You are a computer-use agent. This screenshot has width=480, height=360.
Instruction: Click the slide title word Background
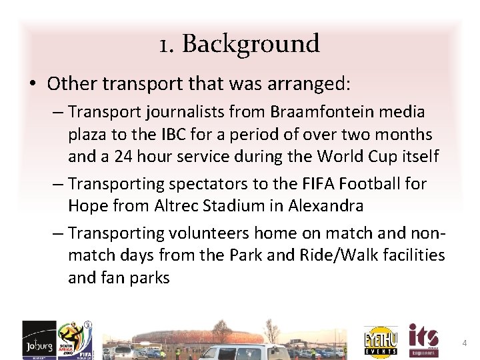(251, 44)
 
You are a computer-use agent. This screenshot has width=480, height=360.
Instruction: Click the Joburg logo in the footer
(39, 340)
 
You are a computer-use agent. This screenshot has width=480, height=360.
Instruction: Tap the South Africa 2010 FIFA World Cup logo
(73, 340)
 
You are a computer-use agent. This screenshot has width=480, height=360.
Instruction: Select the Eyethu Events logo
(381, 341)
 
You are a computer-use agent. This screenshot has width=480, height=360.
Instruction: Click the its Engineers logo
(423, 340)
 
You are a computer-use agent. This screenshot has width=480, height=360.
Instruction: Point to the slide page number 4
(464, 343)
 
